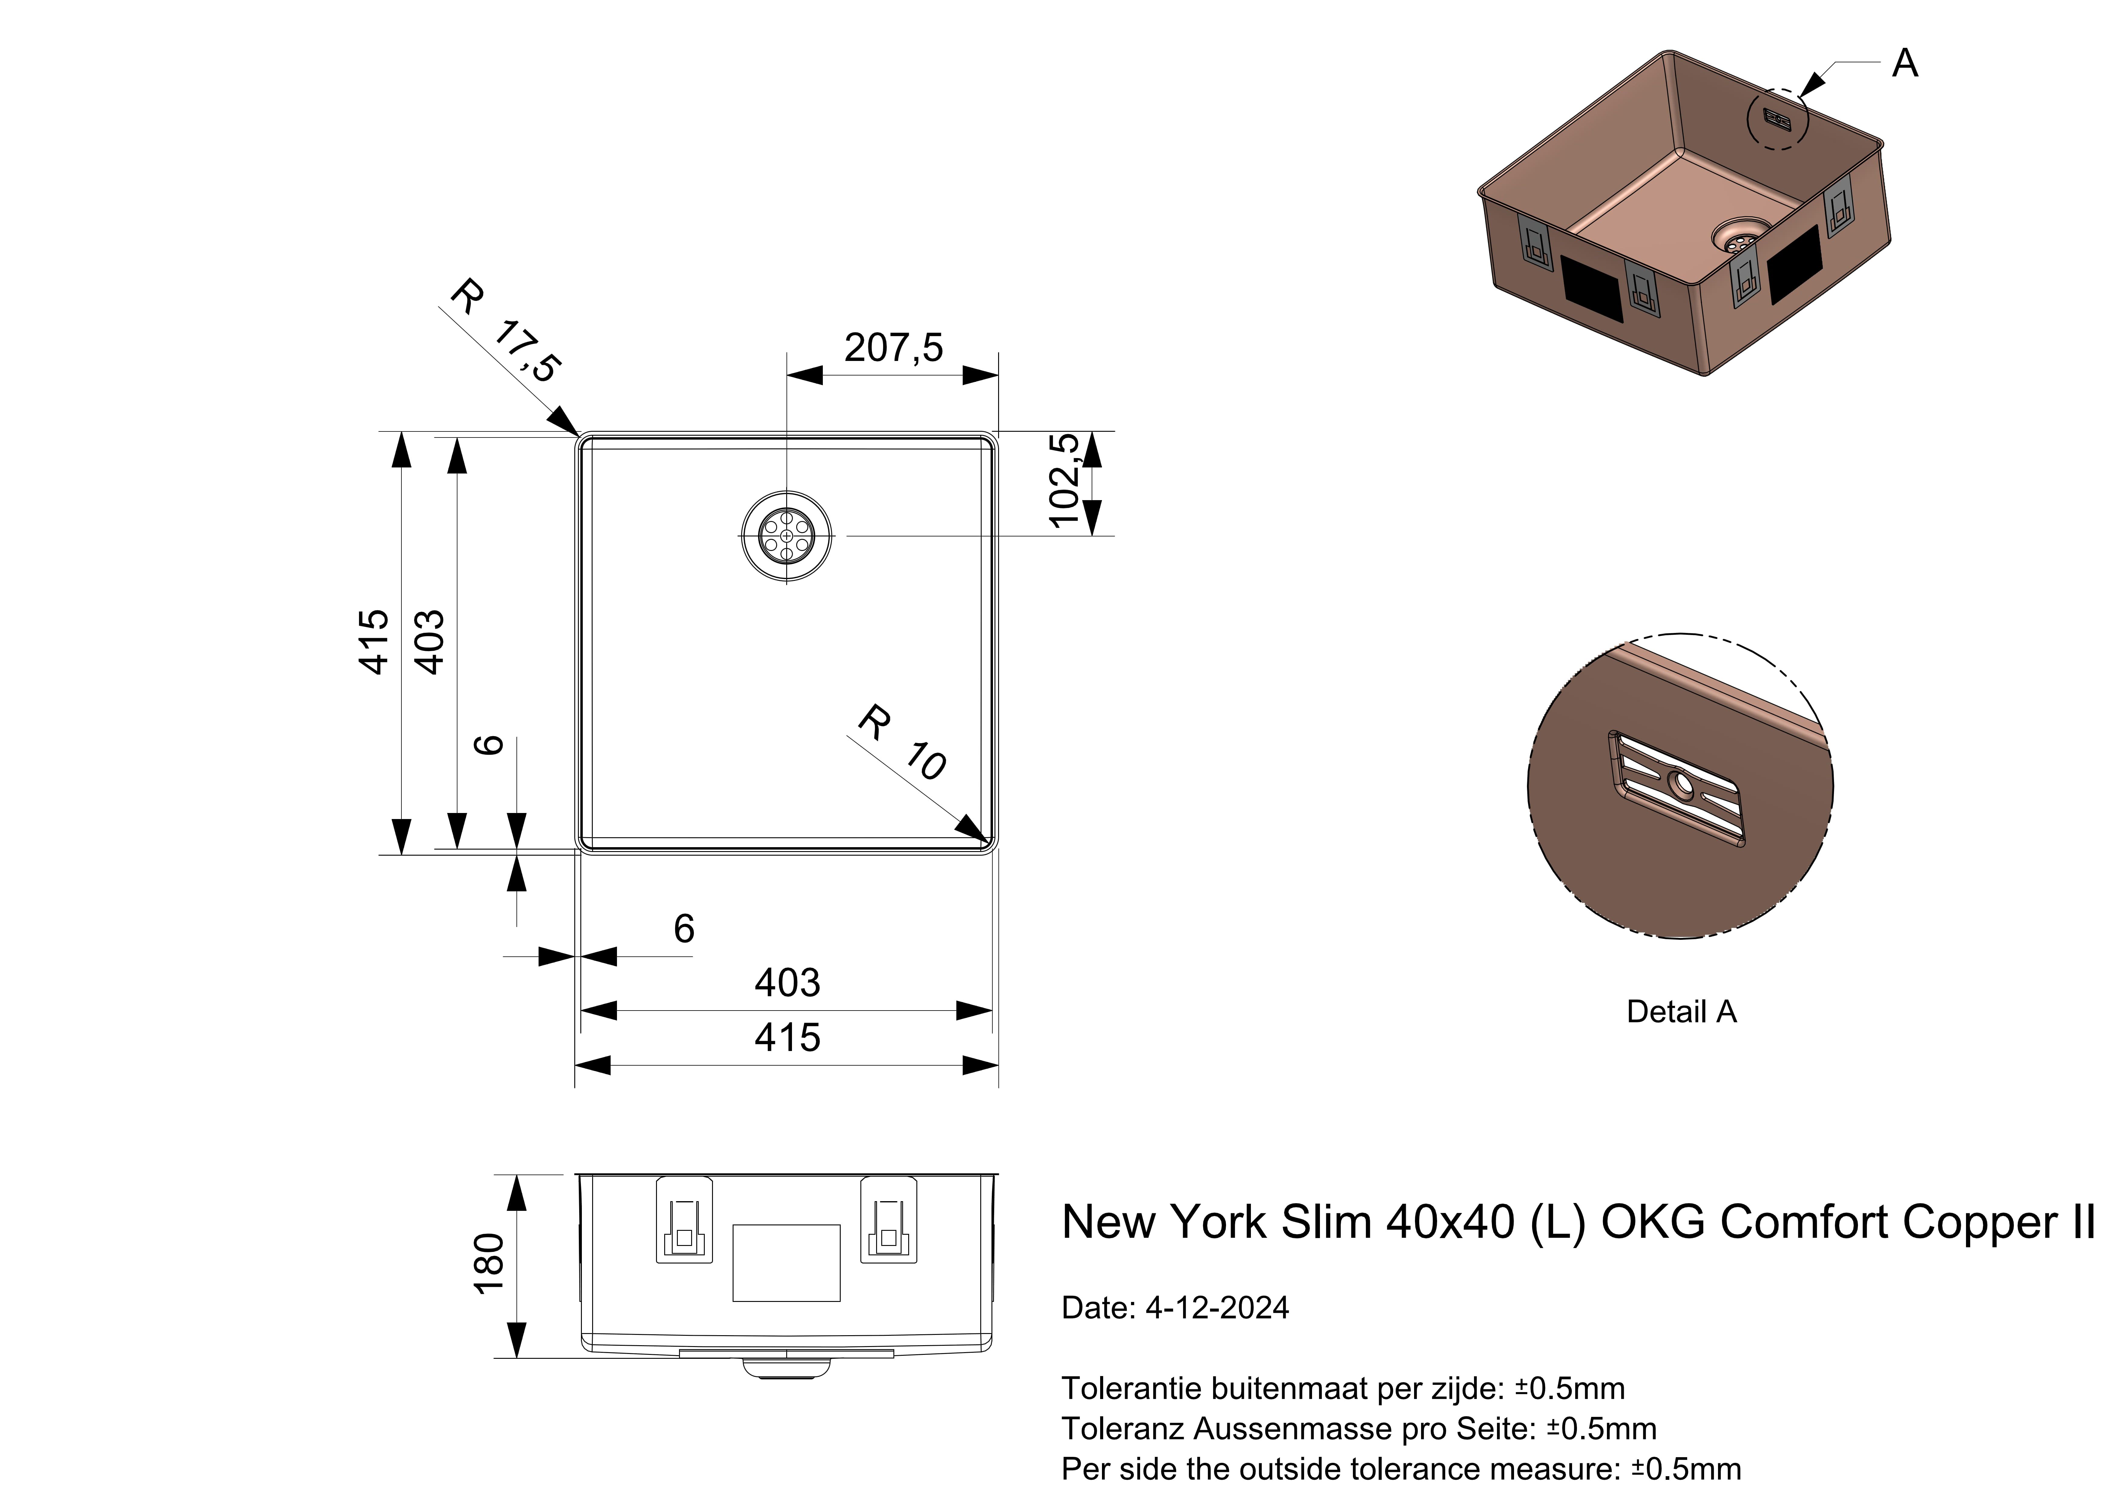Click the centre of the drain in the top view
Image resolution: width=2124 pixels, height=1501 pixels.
pos(786,536)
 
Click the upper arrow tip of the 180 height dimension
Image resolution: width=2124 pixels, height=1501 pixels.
pos(516,1175)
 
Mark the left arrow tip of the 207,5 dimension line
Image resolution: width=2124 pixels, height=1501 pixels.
pos(786,375)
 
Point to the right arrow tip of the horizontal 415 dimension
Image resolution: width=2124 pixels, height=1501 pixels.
pos(998,1065)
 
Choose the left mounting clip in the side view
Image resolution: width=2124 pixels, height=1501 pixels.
pos(684,1220)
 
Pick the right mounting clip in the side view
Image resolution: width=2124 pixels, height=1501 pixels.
pos(888,1220)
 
